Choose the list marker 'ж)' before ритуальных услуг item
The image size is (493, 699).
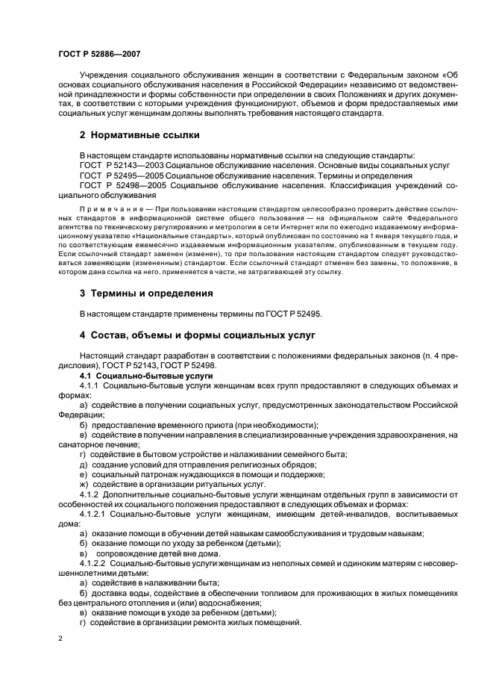pos(84,484)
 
